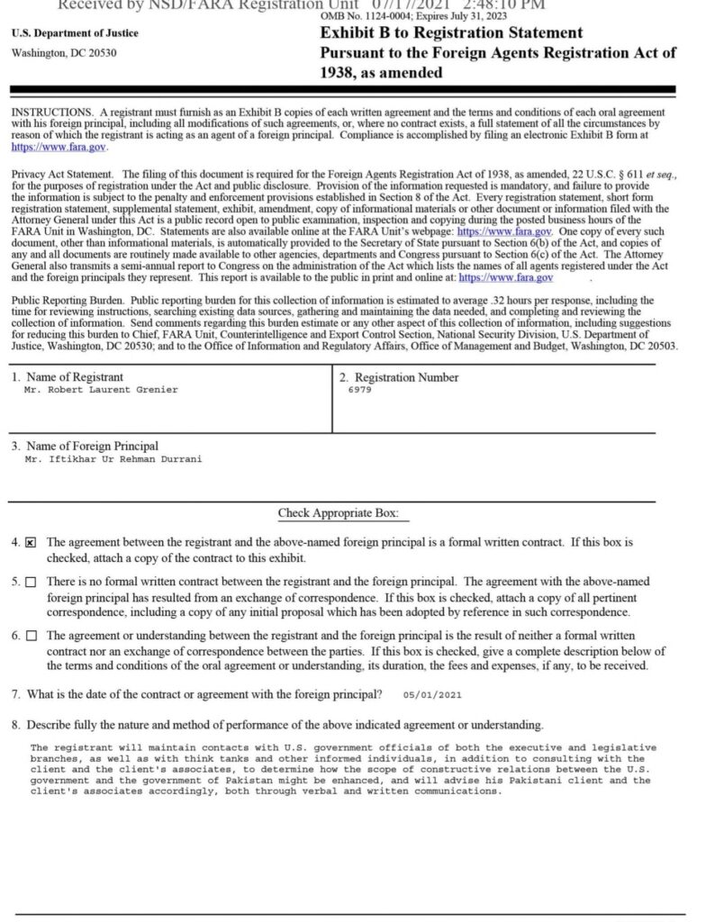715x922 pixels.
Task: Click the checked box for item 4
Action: tap(32, 544)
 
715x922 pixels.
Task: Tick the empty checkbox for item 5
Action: tap(32, 583)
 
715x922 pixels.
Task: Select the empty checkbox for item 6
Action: tap(32, 636)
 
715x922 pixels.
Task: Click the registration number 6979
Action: tap(358, 390)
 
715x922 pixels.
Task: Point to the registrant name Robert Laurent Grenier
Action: tap(101, 390)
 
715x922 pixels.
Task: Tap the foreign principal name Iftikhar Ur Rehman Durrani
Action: tap(113, 459)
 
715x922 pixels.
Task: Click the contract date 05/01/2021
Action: tap(432, 695)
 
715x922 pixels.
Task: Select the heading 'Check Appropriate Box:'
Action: tap(338, 513)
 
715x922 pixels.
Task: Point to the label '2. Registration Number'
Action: tap(399, 377)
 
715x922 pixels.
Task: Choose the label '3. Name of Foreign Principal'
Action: tap(85, 446)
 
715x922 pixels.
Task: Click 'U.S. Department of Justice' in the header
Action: tap(62, 34)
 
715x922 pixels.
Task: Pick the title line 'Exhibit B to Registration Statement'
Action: tap(451, 33)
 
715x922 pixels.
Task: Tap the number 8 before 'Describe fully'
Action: tap(15, 725)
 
